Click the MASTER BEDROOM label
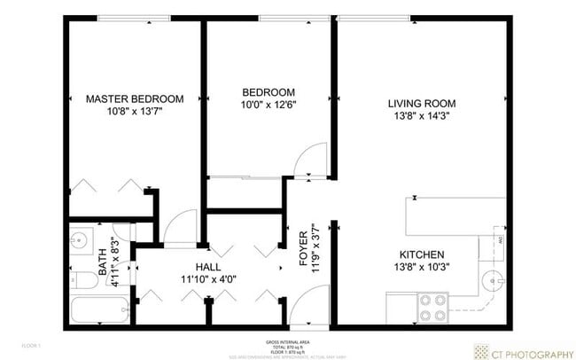pos(134,98)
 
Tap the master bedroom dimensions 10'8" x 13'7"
pos(134,112)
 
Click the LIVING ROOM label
pos(418,103)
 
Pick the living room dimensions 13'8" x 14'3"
pos(418,116)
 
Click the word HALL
pos(208,267)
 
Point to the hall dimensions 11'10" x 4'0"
pos(209,280)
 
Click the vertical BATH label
pos(102,262)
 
